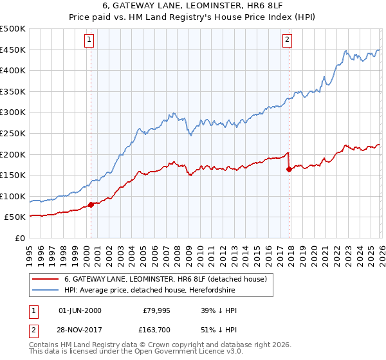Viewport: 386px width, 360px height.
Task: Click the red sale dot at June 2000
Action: (91, 204)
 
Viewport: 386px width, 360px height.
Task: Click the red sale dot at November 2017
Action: (289, 170)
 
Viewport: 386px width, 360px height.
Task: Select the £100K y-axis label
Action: (13, 196)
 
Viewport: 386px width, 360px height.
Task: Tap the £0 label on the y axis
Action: (20, 238)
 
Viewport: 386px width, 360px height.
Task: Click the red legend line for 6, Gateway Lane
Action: (45, 279)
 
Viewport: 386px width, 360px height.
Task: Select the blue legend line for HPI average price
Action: (45, 291)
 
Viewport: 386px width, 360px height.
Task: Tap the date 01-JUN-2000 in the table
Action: (80, 310)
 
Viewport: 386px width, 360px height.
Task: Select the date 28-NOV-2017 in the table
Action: (80, 330)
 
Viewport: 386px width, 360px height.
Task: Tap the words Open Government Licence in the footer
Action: (186, 353)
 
